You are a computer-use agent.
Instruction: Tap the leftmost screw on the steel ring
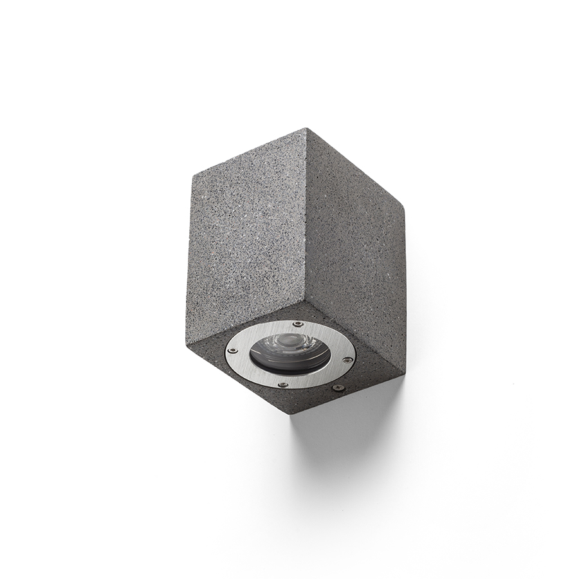[233, 351]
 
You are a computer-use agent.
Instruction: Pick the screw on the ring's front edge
[282, 384]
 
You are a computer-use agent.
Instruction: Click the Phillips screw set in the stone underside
[336, 388]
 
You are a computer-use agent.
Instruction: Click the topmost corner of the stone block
[307, 129]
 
